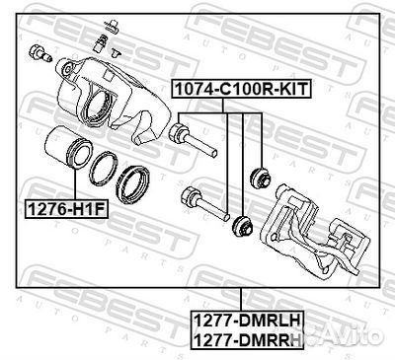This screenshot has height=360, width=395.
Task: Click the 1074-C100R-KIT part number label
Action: (x=241, y=88)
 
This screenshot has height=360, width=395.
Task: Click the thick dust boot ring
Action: (x=132, y=181)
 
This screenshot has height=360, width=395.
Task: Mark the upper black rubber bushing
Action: (x=263, y=178)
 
